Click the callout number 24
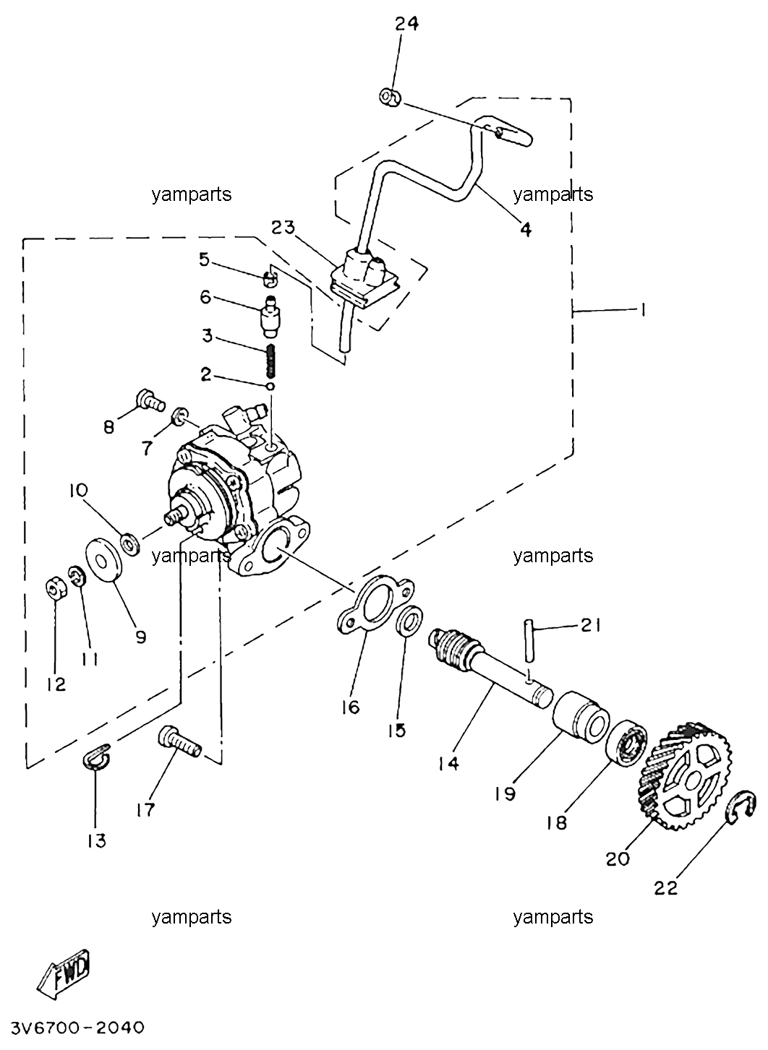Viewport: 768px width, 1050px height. click(406, 23)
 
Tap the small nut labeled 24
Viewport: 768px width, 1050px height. click(389, 97)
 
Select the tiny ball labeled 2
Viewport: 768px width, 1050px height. click(270, 386)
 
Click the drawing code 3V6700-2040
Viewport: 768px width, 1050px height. click(77, 1028)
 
